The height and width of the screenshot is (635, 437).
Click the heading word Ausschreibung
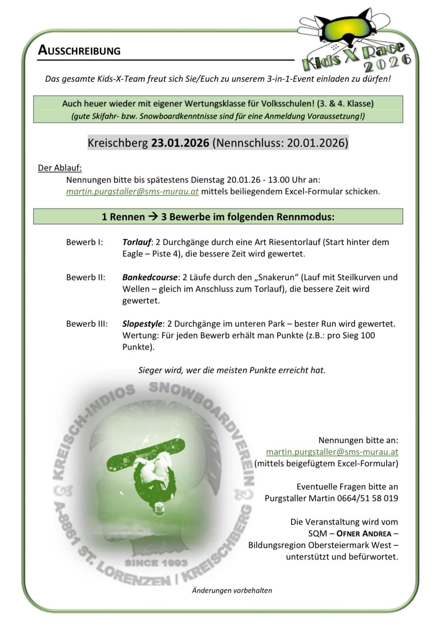(79, 50)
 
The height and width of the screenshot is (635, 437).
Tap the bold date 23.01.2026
(180, 143)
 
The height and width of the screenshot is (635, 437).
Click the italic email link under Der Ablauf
(132, 191)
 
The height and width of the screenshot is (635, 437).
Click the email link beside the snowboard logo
(332, 452)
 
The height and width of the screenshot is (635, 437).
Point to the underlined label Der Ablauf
(60, 167)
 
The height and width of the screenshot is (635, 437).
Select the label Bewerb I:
(84, 242)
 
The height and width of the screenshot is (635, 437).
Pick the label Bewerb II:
(85, 277)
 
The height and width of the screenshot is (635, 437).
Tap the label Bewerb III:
(87, 323)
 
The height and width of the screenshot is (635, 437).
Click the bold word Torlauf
(137, 242)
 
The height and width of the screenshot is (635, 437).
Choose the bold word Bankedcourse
(150, 277)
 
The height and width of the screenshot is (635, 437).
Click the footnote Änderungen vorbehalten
(232, 590)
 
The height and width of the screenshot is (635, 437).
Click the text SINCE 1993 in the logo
(156, 563)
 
